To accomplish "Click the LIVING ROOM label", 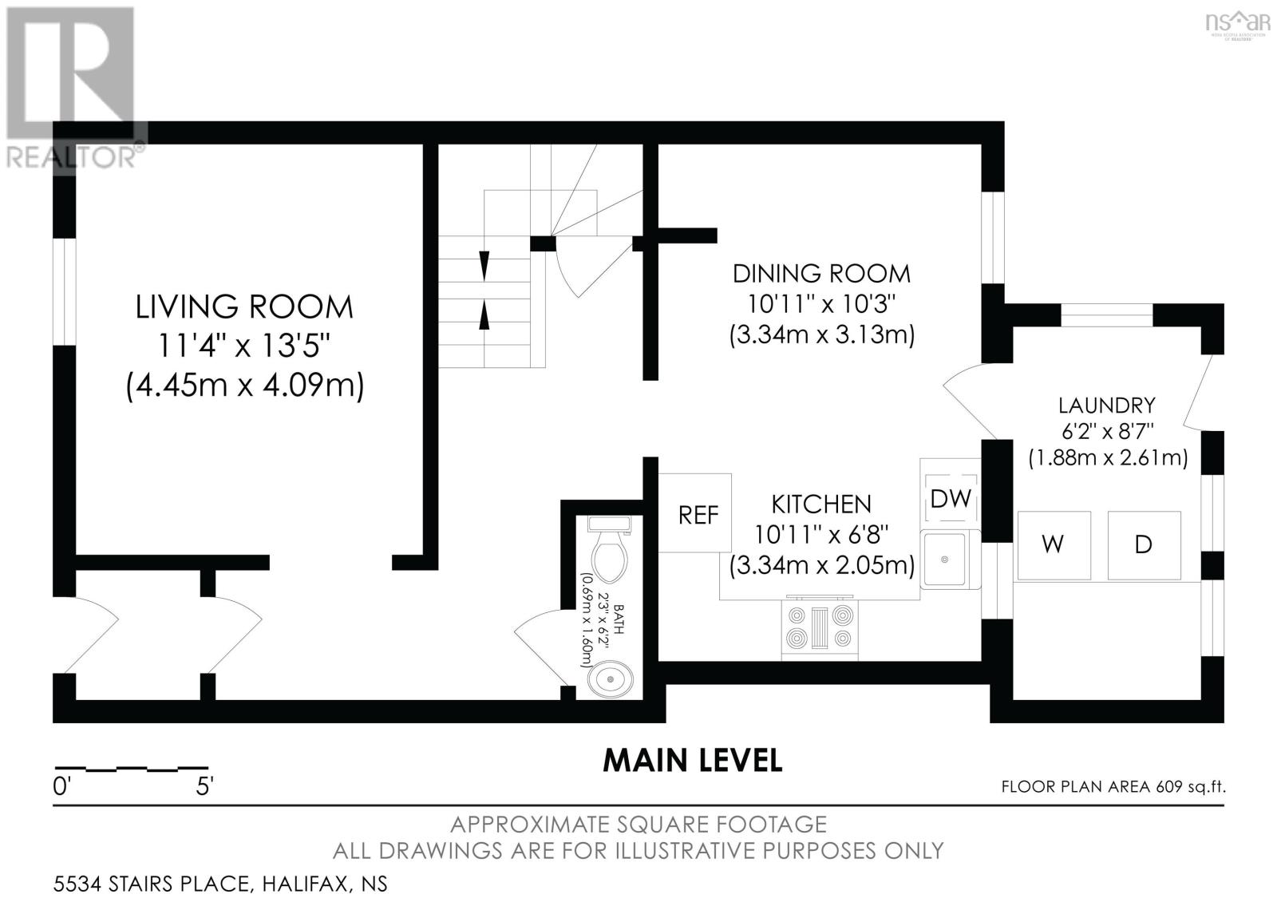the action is click(244, 307).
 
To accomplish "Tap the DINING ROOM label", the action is click(821, 274).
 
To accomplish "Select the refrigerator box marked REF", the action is click(695, 512).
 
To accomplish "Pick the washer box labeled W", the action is click(1054, 545).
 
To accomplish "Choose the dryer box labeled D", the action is click(1145, 545).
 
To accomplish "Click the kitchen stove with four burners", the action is click(820, 627).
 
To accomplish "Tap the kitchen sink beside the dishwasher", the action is click(950, 560).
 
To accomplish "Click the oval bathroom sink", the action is click(610, 679).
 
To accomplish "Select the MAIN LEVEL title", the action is click(693, 761).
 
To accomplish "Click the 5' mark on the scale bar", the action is click(204, 787).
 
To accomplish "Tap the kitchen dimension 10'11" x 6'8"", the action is click(821, 535).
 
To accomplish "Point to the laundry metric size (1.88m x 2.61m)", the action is click(1108, 458).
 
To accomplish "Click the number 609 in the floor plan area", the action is click(1169, 787).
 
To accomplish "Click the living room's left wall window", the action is click(65, 291).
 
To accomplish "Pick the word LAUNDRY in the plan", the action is click(1107, 406).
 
